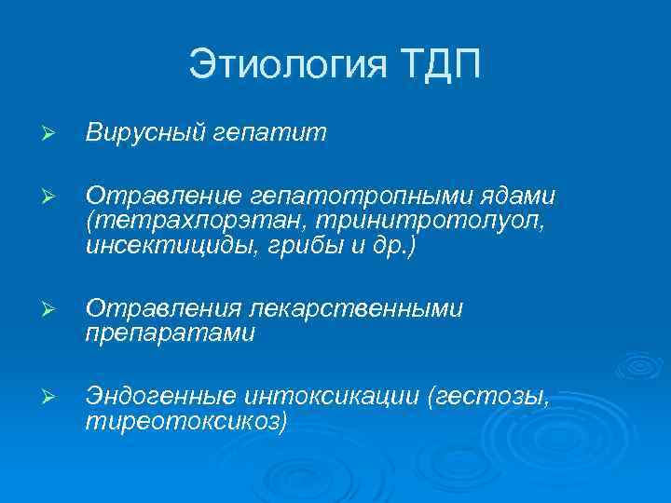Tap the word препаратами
(170, 333)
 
